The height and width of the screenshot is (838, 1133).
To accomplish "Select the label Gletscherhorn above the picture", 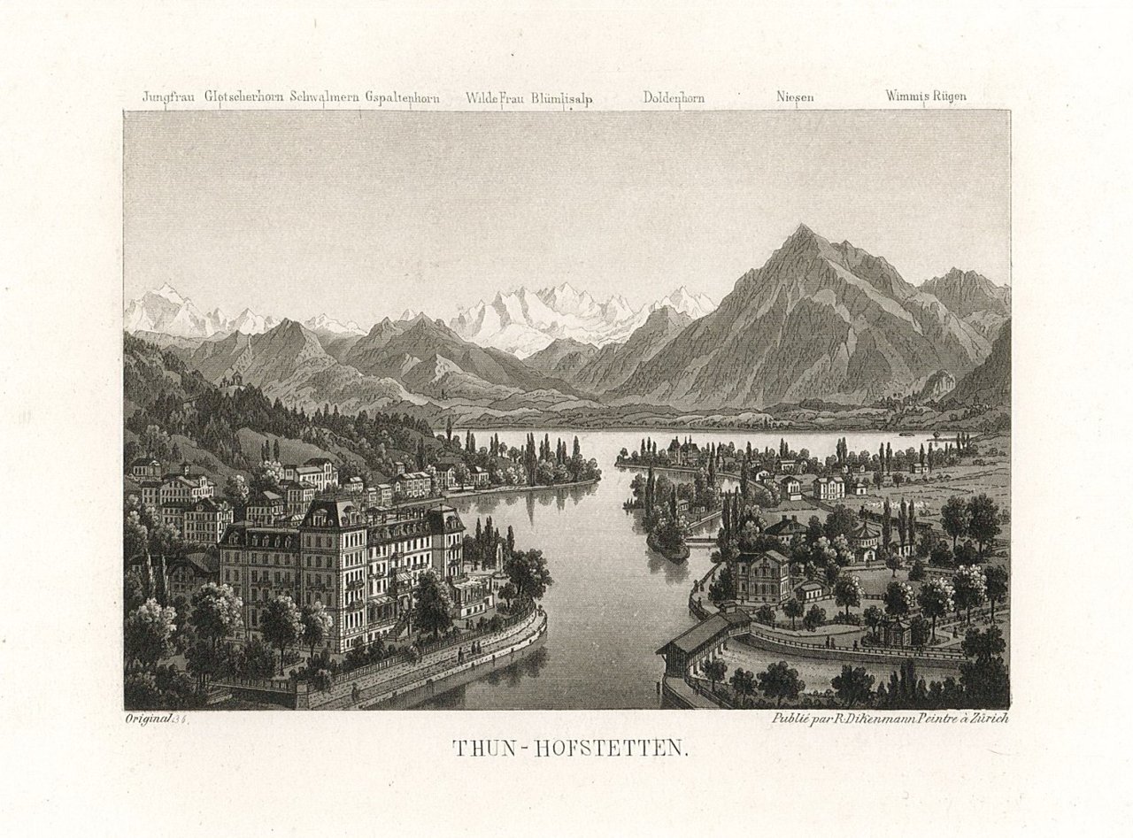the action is [245, 97].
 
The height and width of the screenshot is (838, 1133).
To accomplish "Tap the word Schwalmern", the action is [325, 97].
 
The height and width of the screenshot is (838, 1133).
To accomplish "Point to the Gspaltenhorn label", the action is [402, 97].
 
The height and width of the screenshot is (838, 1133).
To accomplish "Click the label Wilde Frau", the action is [497, 98].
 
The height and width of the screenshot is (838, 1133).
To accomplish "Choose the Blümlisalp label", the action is [562, 98].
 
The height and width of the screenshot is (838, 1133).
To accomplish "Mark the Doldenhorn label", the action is [674, 98].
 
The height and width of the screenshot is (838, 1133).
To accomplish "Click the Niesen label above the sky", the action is [795, 97].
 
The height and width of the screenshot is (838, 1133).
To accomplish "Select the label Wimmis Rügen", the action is [925, 97].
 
